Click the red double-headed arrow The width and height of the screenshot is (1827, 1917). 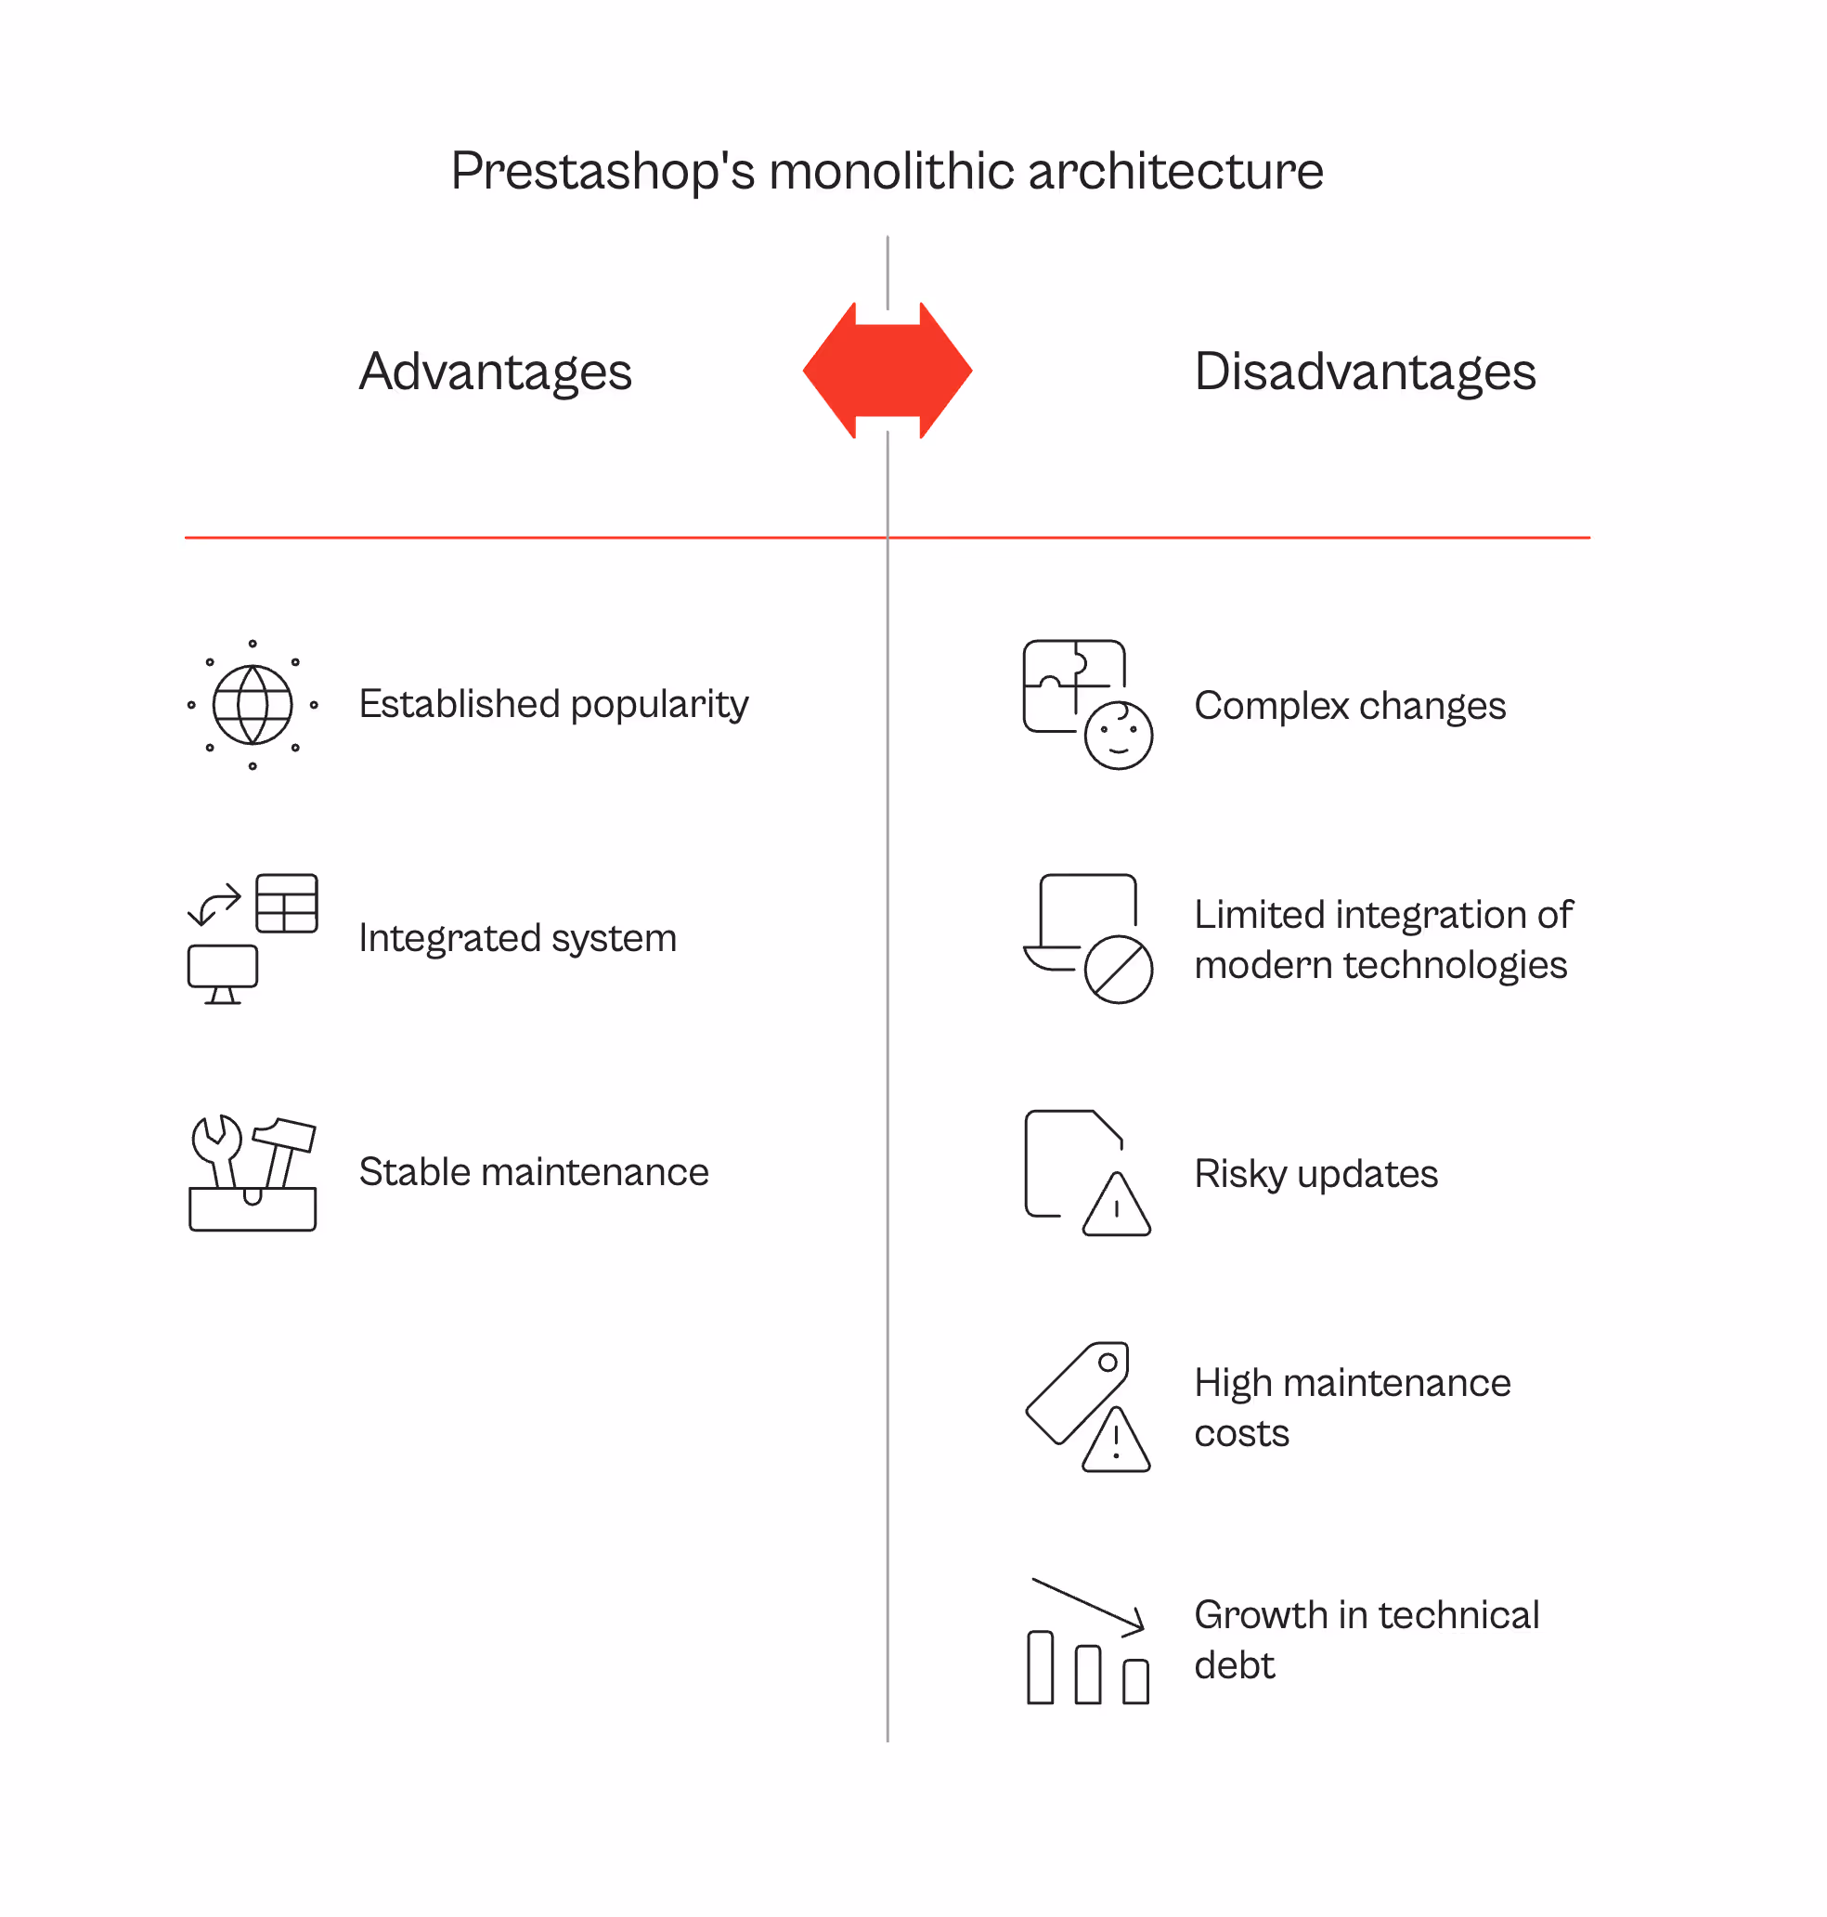(x=888, y=371)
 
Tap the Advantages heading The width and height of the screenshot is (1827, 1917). (x=495, y=372)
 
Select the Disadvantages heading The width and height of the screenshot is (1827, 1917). (x=1365, y=372)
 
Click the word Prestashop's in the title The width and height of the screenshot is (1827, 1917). (x=602, y=173)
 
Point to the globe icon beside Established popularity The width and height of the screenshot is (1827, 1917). (x=253, y=704)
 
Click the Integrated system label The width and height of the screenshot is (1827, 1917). (x=517, y=938)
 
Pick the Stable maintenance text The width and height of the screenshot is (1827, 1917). (x=534, y=1172)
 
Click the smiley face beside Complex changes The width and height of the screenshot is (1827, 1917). (x=1118, y=736)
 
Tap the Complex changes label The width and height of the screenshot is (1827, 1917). (x=1349, y=706)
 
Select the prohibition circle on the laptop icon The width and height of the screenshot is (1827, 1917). (x=1118, y=970)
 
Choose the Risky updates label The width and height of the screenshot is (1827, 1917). (x=1315, y=1174)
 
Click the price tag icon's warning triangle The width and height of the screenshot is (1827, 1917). (x=1116, y=1442)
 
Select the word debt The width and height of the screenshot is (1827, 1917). (x=1234, y=1664)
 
